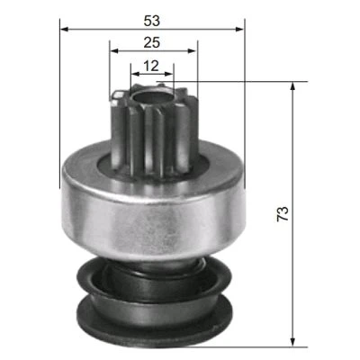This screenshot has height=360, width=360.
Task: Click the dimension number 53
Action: coord(152,21)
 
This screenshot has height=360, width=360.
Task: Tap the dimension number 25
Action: coord(152,42)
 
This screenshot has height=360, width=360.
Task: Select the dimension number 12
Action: coord(151,66)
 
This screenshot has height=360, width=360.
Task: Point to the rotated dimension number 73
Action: coord(283,213)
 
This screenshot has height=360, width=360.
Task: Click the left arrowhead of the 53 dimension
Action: coord(65,29)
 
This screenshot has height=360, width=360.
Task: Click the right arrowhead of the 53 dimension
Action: coord(239,29)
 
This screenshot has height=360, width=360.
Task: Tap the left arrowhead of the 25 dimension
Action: coord(114,50)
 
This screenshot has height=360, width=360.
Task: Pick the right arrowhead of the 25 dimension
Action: coord(192,50)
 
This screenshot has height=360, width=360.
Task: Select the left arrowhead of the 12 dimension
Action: coord(136,74)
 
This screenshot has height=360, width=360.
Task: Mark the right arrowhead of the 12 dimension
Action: coord(168,74)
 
